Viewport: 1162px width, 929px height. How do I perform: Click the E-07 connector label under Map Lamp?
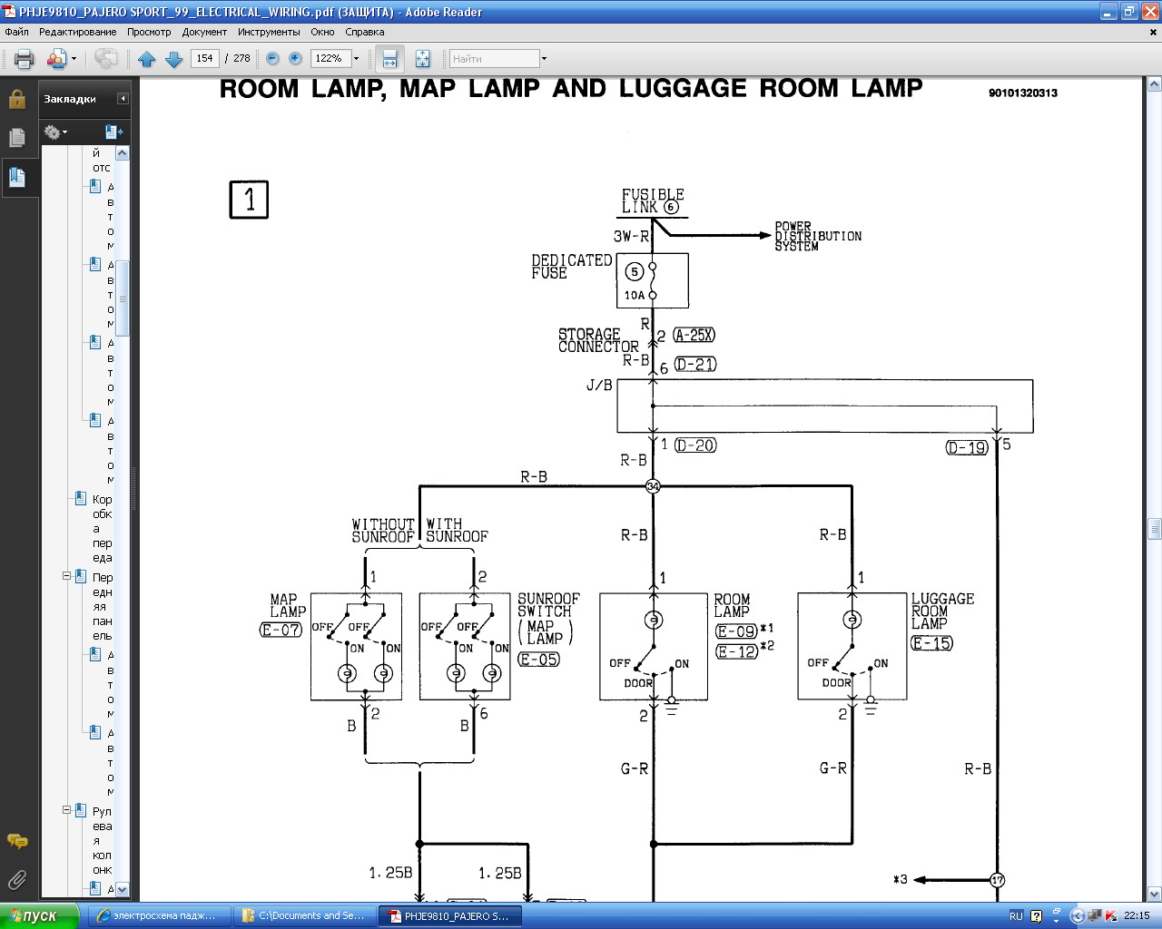[281, 630]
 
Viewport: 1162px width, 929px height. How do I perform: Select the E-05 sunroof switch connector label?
[539, 660]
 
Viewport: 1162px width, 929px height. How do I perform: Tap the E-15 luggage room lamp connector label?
[932, 643]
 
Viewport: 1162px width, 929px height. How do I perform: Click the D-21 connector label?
[695, 365]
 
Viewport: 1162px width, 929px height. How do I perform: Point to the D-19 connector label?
[966, 447]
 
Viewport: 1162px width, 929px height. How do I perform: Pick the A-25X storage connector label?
[694, 335]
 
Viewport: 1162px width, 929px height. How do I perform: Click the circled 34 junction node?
[653, 486]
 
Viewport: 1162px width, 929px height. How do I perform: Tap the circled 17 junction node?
[997, 880]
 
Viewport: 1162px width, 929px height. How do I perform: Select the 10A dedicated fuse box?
[652, 280]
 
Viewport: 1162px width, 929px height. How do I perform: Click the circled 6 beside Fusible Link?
[671, 207]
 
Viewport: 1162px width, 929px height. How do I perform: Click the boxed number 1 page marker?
[249, 200]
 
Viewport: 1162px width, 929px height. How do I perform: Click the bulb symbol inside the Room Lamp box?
[653, 621]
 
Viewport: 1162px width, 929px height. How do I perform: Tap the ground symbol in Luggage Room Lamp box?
[871, 705]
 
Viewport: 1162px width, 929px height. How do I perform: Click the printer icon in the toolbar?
[24, 59]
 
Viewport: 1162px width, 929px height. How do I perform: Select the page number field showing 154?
[204, 58]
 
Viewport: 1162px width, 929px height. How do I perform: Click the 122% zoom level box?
[330, 58]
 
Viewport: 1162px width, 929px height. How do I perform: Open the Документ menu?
[204, 32]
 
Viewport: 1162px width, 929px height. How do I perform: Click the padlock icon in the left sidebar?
[17, 99]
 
